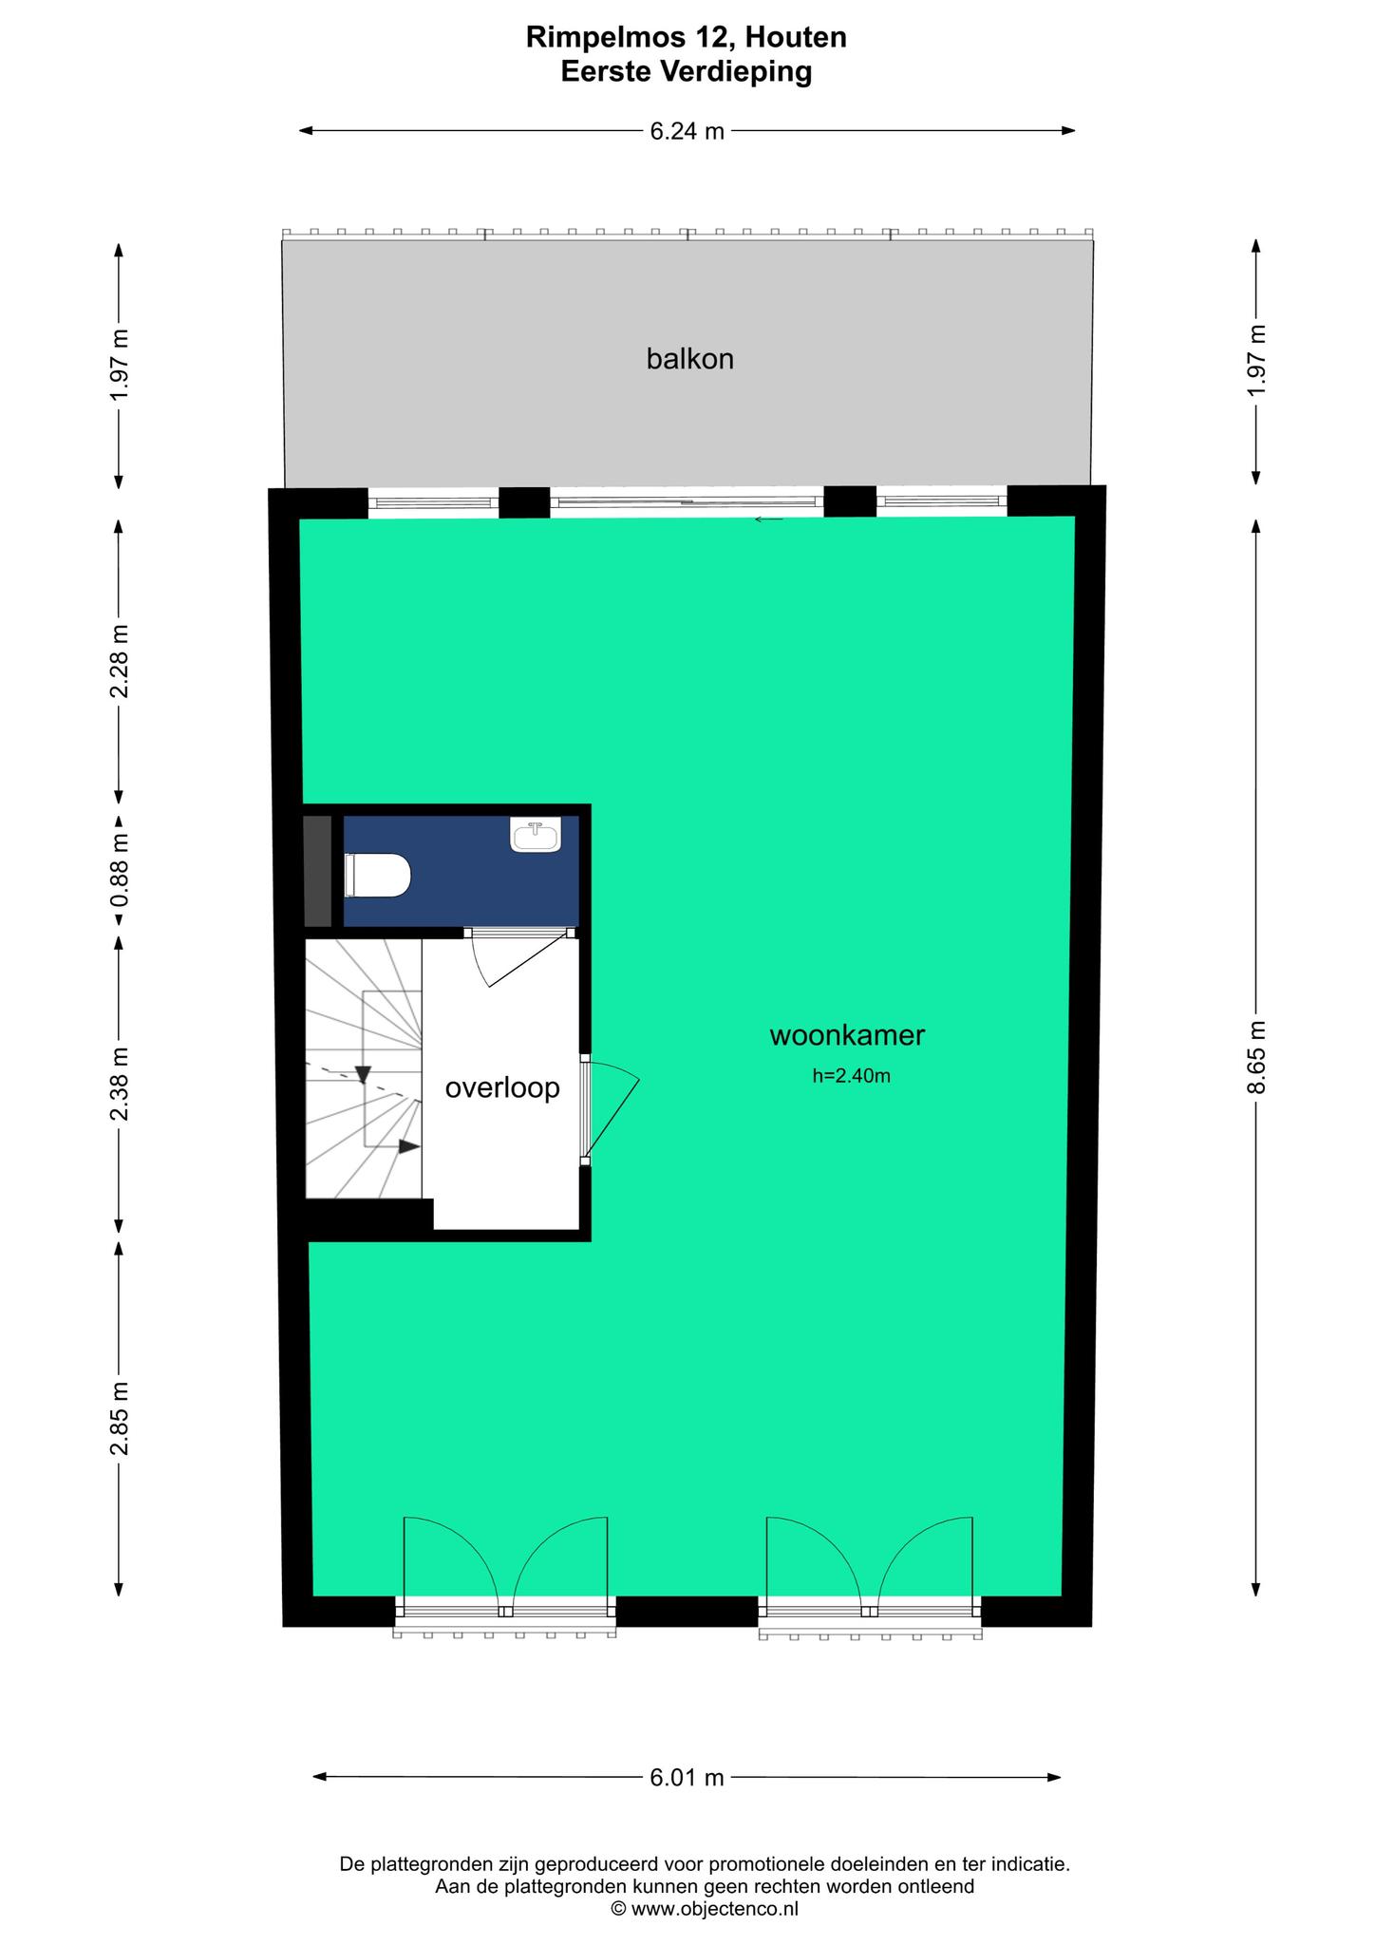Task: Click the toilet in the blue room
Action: coord(377,875)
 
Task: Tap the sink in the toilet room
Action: coord(536,835)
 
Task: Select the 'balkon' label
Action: coord(690,359)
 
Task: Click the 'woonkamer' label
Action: coord(847,1035)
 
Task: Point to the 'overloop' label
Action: coord(502,1088)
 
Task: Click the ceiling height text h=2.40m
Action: coord(852,1076)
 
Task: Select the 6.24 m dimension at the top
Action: coord(687,132)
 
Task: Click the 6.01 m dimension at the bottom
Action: coord(687,1778)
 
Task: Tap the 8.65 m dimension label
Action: coord(1257,1058)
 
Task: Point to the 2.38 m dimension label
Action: coord(119,1085)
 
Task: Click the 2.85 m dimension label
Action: coord(119,1419)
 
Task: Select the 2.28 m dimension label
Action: coord(119,661)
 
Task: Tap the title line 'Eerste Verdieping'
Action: coord(687,72)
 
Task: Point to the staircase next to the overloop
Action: coord(364,1068)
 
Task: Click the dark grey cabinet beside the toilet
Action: coord(318,871)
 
